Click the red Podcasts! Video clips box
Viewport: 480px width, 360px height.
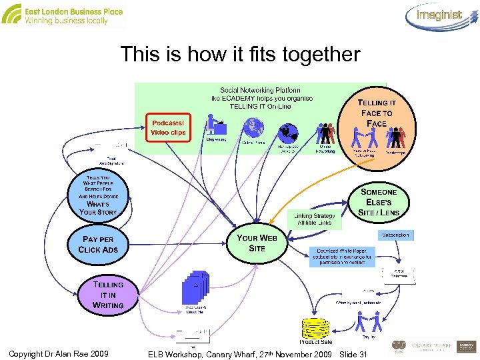point(168,127)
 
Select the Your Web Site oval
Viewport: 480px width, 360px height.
point(257,243)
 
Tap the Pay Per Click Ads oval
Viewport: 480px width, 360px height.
point(98,245)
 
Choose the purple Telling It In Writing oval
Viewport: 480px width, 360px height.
point(108,294)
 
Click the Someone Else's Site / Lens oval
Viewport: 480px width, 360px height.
point(379,202)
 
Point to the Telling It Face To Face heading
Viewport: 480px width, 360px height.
point(377,113)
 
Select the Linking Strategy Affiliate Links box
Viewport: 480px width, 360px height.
point(315,219)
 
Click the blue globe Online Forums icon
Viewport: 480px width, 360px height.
point(253,127)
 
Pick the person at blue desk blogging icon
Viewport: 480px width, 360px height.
point(216,125)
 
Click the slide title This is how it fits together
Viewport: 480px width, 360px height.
point(240,54)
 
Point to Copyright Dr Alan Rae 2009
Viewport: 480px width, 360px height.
point(59,353)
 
